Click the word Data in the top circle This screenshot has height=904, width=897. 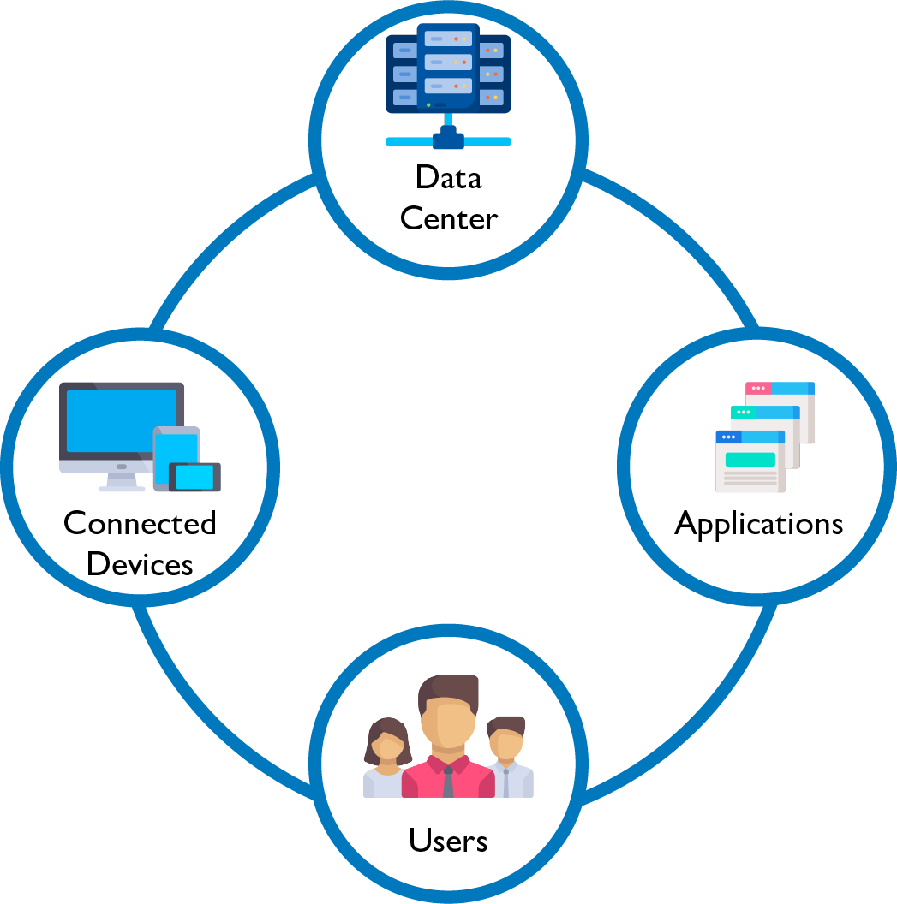click(448, 177)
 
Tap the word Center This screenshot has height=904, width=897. click(448, 219)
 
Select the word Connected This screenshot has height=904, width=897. click(140, 523)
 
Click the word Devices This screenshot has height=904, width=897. click(140, 564)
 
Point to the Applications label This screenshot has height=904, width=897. click(758, 523)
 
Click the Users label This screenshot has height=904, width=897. click(448, 841)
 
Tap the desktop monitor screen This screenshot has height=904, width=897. click(121, 420)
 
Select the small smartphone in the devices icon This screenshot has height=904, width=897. click(195, 476)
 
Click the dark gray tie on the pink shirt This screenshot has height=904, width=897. click(448, 782)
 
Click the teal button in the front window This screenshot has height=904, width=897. click(750, 460)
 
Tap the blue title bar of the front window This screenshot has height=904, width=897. click(750, 437)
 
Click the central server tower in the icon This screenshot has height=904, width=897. click(448, 64)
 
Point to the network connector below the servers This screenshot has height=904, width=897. click(448, 137)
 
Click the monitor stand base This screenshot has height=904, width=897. click(121, 488)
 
